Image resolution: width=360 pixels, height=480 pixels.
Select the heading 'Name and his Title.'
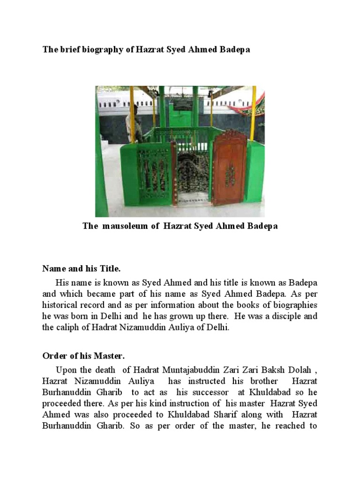(82, 269)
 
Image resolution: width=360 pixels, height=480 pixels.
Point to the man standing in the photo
(133, 123)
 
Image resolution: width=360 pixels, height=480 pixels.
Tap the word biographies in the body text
(293, 306)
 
